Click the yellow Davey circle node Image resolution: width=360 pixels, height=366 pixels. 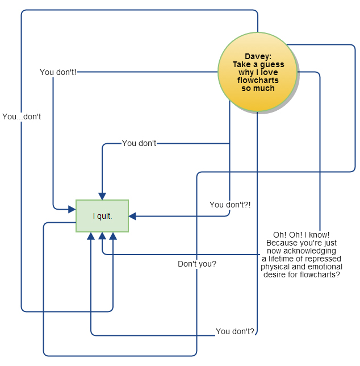(257, 72)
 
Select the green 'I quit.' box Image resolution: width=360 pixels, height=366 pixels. (102, 216)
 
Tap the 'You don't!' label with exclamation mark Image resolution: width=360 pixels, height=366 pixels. (58, 72)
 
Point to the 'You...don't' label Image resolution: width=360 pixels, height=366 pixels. (22, 117)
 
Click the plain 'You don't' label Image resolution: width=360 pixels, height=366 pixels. (139, 143)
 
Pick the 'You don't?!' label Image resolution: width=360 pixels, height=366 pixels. (230, 205)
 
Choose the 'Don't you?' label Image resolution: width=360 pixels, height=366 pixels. (197, 264)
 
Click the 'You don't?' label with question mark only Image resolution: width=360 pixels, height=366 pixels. (235, 331)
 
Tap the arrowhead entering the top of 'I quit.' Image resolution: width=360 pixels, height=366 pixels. (102, 196)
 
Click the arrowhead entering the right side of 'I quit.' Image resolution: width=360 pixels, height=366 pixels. (132, 216)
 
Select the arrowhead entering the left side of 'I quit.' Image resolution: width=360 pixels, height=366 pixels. (72, 209)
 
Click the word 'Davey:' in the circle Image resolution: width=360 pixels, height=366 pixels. (258, 56)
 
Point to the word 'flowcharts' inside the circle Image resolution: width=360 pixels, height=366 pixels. (258, 80)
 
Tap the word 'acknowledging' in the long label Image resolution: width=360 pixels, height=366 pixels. (302, 251)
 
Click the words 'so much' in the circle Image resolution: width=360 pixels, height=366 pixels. (258, 88)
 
